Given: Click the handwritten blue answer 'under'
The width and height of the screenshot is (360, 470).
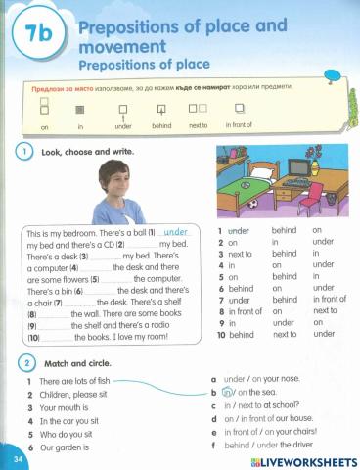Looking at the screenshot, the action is [175, 232].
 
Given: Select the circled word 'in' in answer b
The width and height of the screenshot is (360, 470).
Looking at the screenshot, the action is [228, 393].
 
